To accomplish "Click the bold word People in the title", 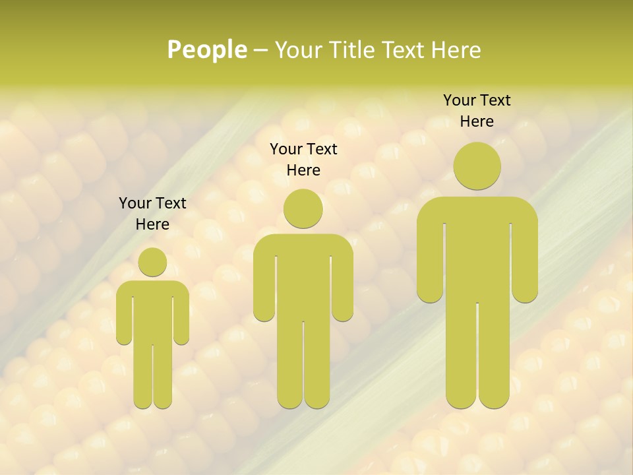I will (x=206, y=49).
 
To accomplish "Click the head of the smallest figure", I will (x=152, y=262).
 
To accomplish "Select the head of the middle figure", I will (x=303, y=208).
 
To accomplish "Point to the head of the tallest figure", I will (x=477, y=166).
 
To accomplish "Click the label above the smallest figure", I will (x=152, y=214).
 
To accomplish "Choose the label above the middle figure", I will (x=303, y=160).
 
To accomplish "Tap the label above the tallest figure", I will (x=477, y=111).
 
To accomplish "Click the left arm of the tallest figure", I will (x=430, y=264).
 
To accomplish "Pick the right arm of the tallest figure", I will (x=525, y=264).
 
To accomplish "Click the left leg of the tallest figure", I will (x=461, y=356).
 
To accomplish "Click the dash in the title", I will (x=260, y=50).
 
